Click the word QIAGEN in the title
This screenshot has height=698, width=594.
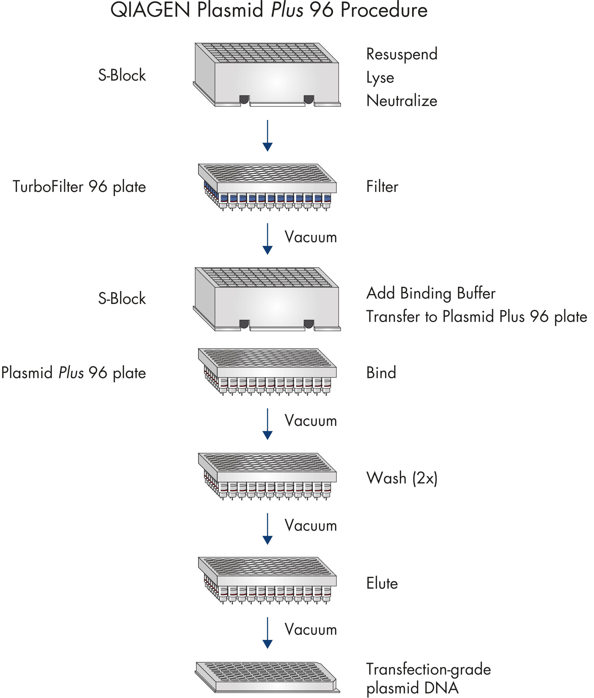[x=150, y=10]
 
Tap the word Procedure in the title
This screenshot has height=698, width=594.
[x=384, y=10]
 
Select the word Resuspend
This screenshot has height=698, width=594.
[x=401, y=54]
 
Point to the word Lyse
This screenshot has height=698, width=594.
[x=380, y=78]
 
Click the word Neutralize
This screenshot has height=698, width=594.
[x=401, y=101]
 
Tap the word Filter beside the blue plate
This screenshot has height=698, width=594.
[x=382, y=186]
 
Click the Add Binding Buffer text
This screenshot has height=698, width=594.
[x=431, y=293]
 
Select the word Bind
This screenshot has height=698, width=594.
[x=381, y=372]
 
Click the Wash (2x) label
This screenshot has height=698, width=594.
[x=401, y=478]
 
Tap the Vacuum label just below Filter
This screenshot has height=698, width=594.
[x=310, y=237]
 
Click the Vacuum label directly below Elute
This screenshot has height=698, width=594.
[x=310, y=629]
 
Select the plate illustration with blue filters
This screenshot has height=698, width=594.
[x=267, y=187]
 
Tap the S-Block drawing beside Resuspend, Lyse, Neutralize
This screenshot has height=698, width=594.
[x=267, y=75]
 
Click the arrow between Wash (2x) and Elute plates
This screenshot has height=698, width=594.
[x=267, y=528]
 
